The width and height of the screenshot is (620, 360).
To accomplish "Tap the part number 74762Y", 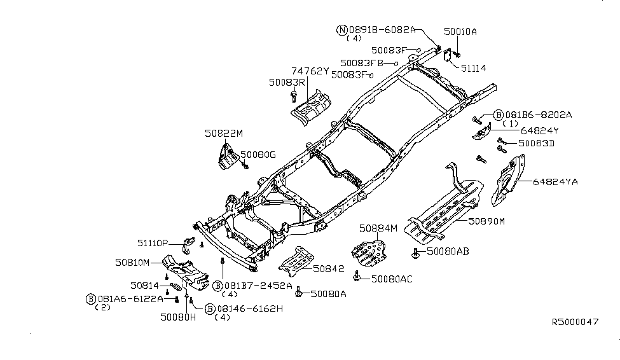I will [310, 71].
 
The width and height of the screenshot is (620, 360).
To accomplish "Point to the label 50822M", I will [224, 134].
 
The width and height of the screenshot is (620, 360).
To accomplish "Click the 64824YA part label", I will [555, 181].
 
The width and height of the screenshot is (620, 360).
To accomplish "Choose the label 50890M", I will [486, 221].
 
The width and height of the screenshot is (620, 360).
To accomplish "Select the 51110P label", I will [151, 243].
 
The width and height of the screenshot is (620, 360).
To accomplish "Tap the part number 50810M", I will [132, 261].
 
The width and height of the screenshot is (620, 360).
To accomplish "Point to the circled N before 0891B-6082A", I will [341, 29].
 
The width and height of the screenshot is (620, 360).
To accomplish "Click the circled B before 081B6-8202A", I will [499, 115].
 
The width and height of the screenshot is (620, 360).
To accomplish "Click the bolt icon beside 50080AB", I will [416, 253].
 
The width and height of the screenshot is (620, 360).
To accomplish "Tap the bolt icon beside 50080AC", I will [357, 278].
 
